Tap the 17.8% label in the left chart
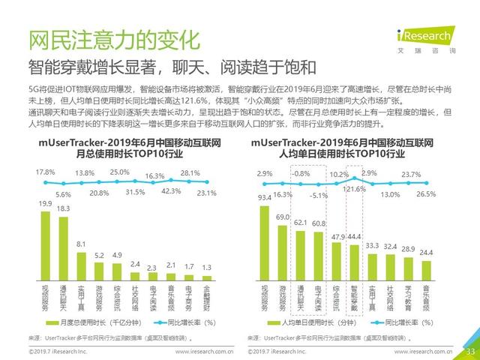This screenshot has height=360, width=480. point(46,172)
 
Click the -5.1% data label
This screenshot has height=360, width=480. point(319,195)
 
